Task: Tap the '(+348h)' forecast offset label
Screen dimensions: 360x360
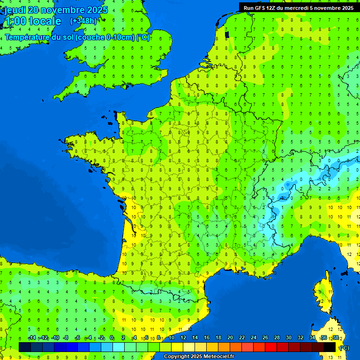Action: (83, 21)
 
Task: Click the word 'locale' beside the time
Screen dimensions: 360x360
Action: (45, 21)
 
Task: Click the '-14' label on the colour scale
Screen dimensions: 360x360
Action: (32, 337)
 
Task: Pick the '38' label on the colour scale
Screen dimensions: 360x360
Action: (336, 337)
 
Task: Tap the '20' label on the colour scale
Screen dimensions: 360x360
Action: (230, 337)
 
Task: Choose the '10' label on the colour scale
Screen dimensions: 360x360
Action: (172, 337)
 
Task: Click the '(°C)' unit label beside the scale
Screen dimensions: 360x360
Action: (344, 347)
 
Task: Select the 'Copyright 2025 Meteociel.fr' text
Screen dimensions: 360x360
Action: (199, 357)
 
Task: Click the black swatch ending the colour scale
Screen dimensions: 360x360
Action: (330, 347)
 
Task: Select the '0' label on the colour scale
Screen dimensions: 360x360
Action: (112, 337)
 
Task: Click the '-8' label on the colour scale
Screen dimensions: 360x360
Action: (66, 337)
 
